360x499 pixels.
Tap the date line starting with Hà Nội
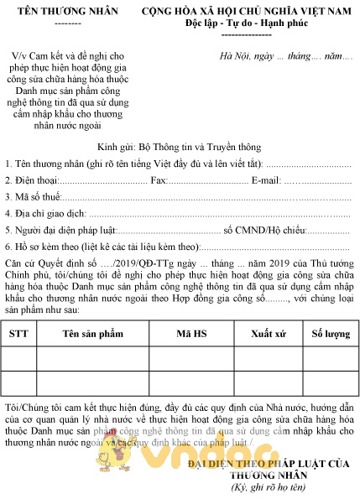(x=280, y=55)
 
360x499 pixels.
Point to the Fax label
(x=159, y=180)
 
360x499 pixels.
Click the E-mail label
(x=267, y=180)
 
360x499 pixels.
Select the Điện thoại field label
(x=31, y=180)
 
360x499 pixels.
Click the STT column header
(x=18, y=333)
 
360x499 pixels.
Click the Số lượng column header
(x=330, y=333)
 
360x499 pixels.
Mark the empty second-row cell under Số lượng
(x=330, y=382)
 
